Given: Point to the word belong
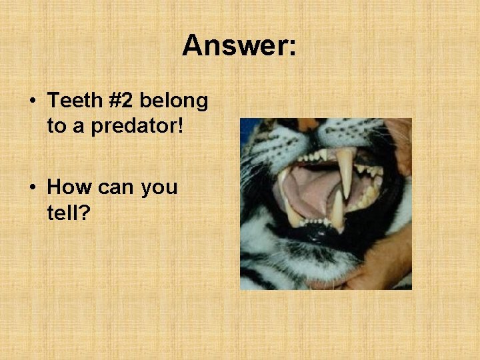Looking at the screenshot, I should [x=175, y=102].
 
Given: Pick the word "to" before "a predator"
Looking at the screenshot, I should [x=55, y=125].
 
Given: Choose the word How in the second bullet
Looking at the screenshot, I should [x=69, y=187].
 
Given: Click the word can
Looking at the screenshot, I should [x=116, y=187].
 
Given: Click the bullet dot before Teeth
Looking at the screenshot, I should [x=33, y=102].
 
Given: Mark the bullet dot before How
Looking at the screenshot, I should [x=33, y=187].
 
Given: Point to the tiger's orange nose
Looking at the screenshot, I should [x=307, y=124].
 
